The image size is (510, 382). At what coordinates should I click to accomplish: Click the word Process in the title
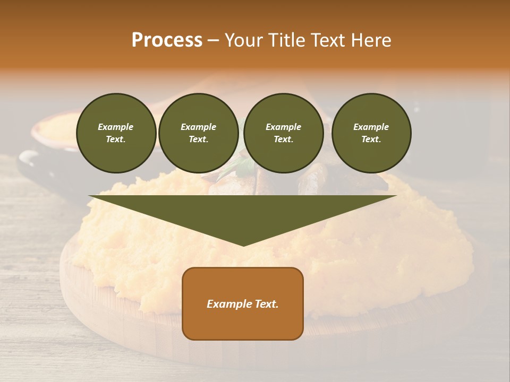(167, 40)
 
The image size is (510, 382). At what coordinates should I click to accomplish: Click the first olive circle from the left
(116, 133)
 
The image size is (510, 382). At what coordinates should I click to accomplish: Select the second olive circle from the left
(198, 133)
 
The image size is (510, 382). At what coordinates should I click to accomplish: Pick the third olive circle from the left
(283, 133)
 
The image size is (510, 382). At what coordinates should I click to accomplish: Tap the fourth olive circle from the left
(371, 133)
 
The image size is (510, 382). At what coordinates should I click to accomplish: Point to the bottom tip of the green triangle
(243, 245)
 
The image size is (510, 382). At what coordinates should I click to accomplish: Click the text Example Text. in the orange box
(243, 304)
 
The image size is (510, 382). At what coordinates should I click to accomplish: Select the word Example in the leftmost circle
(116, 127)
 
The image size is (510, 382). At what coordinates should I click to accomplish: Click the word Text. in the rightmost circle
(371, 140)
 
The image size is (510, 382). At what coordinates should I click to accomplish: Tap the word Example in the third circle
(283, 127)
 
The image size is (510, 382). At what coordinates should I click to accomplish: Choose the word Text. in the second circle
(198, 140)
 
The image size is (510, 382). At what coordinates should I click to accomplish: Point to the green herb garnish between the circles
(242, 169)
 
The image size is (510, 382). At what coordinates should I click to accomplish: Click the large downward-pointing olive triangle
(243, 212)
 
